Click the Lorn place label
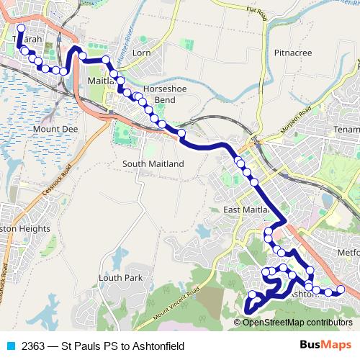(141, 53)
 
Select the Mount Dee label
(50, 129)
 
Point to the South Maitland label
(153, 163)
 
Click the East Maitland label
(246, 209)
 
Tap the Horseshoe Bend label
(159, 94)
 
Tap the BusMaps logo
(320, 345)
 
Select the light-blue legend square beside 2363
(9, 346)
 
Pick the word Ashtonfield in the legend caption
(158, 346)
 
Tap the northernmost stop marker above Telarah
(20, 28)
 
